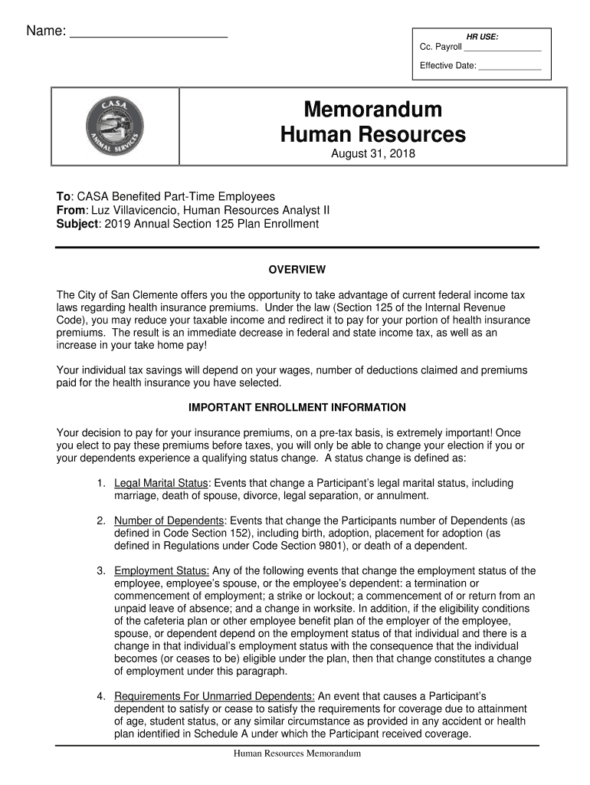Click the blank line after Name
[x=149, y=34]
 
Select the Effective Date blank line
[x=510, y=67]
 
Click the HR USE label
[x=483, y=36]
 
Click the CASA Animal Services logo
[x=115, y=126]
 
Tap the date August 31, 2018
[x=372, y=156]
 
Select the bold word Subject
[x=77, y=224]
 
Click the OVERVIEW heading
[x=297, y=270]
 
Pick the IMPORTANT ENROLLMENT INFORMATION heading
[x=297, y=407]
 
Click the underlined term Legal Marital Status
[x=161, y=484]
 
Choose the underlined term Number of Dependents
[x=169, y=521]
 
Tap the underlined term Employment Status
[x=162, y=570]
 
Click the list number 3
[x=100, y=570]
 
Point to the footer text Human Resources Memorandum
[x=297, y=754]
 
